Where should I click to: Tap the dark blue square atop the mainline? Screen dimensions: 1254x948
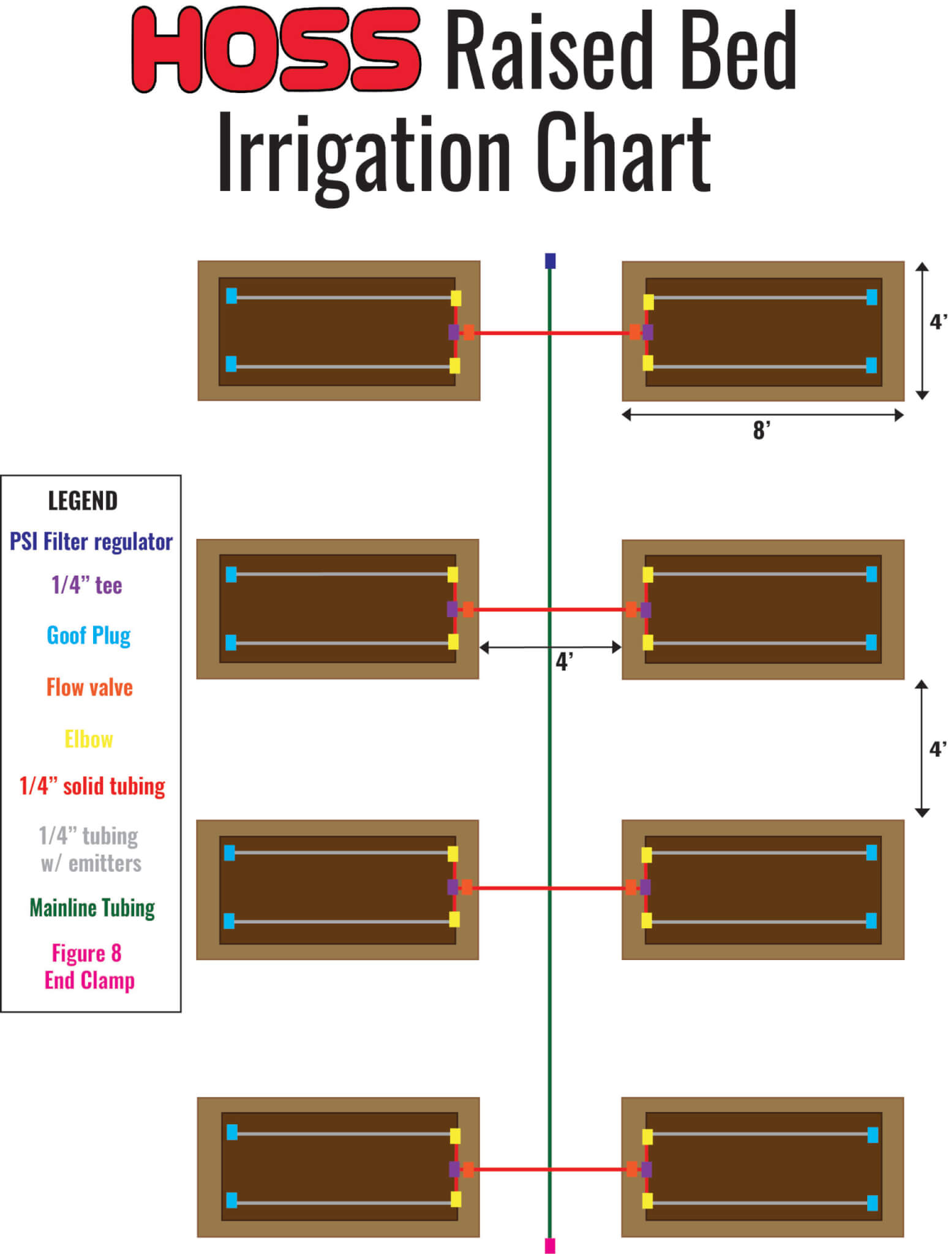tap(550, 261)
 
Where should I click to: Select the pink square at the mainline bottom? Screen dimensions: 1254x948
tap(550, 1245)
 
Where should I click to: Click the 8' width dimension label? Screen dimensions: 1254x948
tap(761, 431)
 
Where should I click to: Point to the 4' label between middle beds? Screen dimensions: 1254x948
tap(564, 662)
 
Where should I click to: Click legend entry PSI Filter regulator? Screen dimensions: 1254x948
tap(91, 542)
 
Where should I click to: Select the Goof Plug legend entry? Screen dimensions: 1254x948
tap(89, 636)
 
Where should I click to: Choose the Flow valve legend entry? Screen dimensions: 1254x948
tap(89, 688)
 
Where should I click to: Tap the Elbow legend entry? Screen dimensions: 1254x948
tap(89, 740)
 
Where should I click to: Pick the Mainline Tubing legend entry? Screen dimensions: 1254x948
tap(92, 907)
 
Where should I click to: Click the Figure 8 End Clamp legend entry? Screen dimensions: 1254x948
tap(89, 966)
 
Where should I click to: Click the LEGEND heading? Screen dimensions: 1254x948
tap(83, 501)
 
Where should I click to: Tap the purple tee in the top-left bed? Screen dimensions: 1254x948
tap(454, 332)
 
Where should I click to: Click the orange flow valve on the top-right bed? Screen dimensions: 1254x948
tap(635, 332)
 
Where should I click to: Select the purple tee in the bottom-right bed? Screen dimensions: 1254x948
tap(646, 1169)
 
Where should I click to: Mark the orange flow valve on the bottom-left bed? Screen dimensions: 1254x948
tap(468, 1170)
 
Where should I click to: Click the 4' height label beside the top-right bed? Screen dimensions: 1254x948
tap(938, 322)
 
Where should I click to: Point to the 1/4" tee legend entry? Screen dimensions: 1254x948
tap(86, 585)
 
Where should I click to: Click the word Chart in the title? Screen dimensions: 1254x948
tap(623, 155)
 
